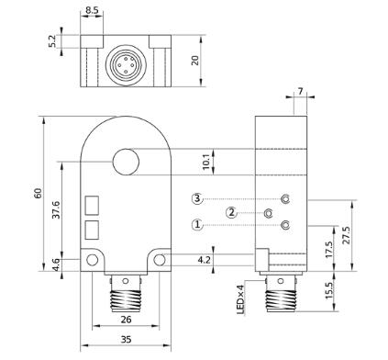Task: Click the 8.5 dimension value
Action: coord(92,10)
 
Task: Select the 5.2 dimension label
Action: coord(52,41)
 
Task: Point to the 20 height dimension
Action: coord(194,61)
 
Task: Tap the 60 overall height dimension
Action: coord(38,194)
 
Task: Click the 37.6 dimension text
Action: coord(56,209)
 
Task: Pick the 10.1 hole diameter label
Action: coord(206,162)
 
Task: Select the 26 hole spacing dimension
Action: coord(126,320)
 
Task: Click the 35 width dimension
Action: coord(126,340)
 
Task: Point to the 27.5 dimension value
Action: coord(347,235)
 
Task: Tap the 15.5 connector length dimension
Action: coord(328,291)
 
